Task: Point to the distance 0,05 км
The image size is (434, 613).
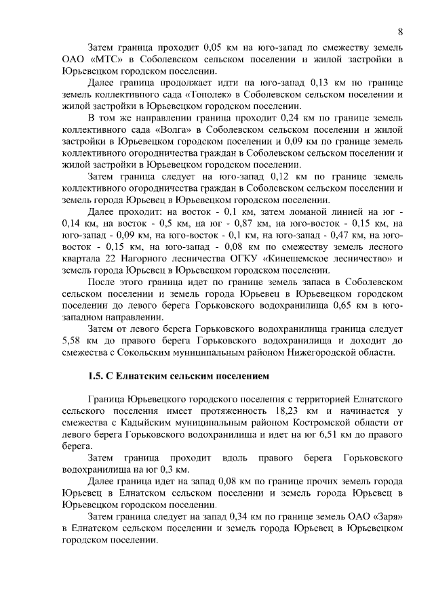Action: click(x=204, y=48)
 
